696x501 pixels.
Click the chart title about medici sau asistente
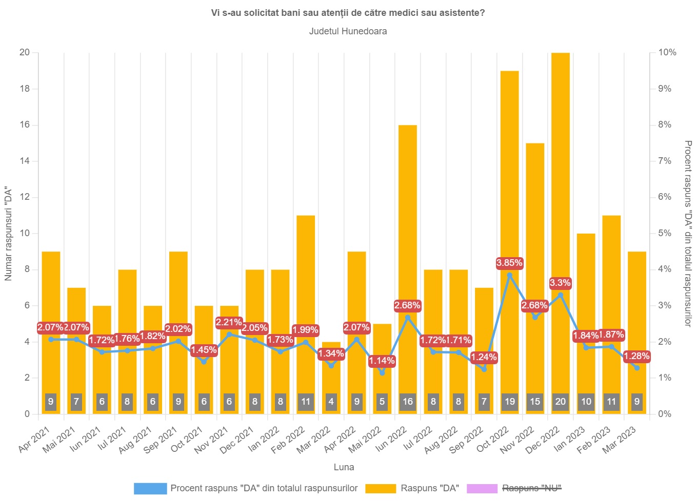pyautogui.click(x=348, y=13)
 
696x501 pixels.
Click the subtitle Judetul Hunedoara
pyautogui.click(x=348, y=31)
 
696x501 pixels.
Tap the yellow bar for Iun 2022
pyautogui.click(x=408, y=231)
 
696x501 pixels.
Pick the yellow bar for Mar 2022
pyautogui.click(x=331, y=379)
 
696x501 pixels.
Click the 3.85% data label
pyautogui.click(x=509, y=263)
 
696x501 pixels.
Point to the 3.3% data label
pyautogui.click(x=560, y=283)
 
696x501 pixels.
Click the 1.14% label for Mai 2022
pyautogui.click(x=382, y=361)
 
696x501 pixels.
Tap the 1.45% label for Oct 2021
pyautogui.click(x=204, y=350)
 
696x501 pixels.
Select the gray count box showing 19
pyautogui.click(x=509, y=402)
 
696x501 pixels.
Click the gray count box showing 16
pyautogui.click(x=408, y=402)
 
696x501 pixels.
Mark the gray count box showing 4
pyautogui.click(x=331, y=402)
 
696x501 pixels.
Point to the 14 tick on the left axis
pyautogui.click(x=24, y=161)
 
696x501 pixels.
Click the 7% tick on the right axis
pyautogui.click(x=665, y=161)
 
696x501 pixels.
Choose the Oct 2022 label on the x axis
pyautogui.click(x=492, y=440)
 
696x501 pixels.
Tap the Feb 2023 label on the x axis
pyautogui.click(x=593, y=440)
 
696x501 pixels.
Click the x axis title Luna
pyautogui.click(x=344, y=467)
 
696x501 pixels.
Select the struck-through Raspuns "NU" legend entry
pyautogui.click(x=531, y=488)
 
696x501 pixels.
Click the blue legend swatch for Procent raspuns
pyautogui.click(x=150, y=488)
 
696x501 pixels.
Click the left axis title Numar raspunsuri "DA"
pyautogui.click(x=8, y=234)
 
